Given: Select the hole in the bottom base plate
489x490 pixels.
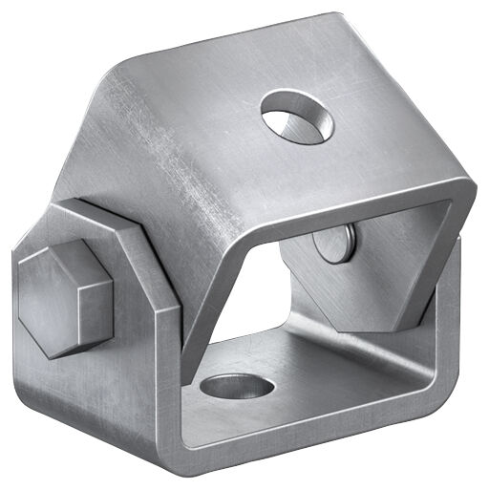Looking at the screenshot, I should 237,386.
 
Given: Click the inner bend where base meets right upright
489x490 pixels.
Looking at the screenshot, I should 420,363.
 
